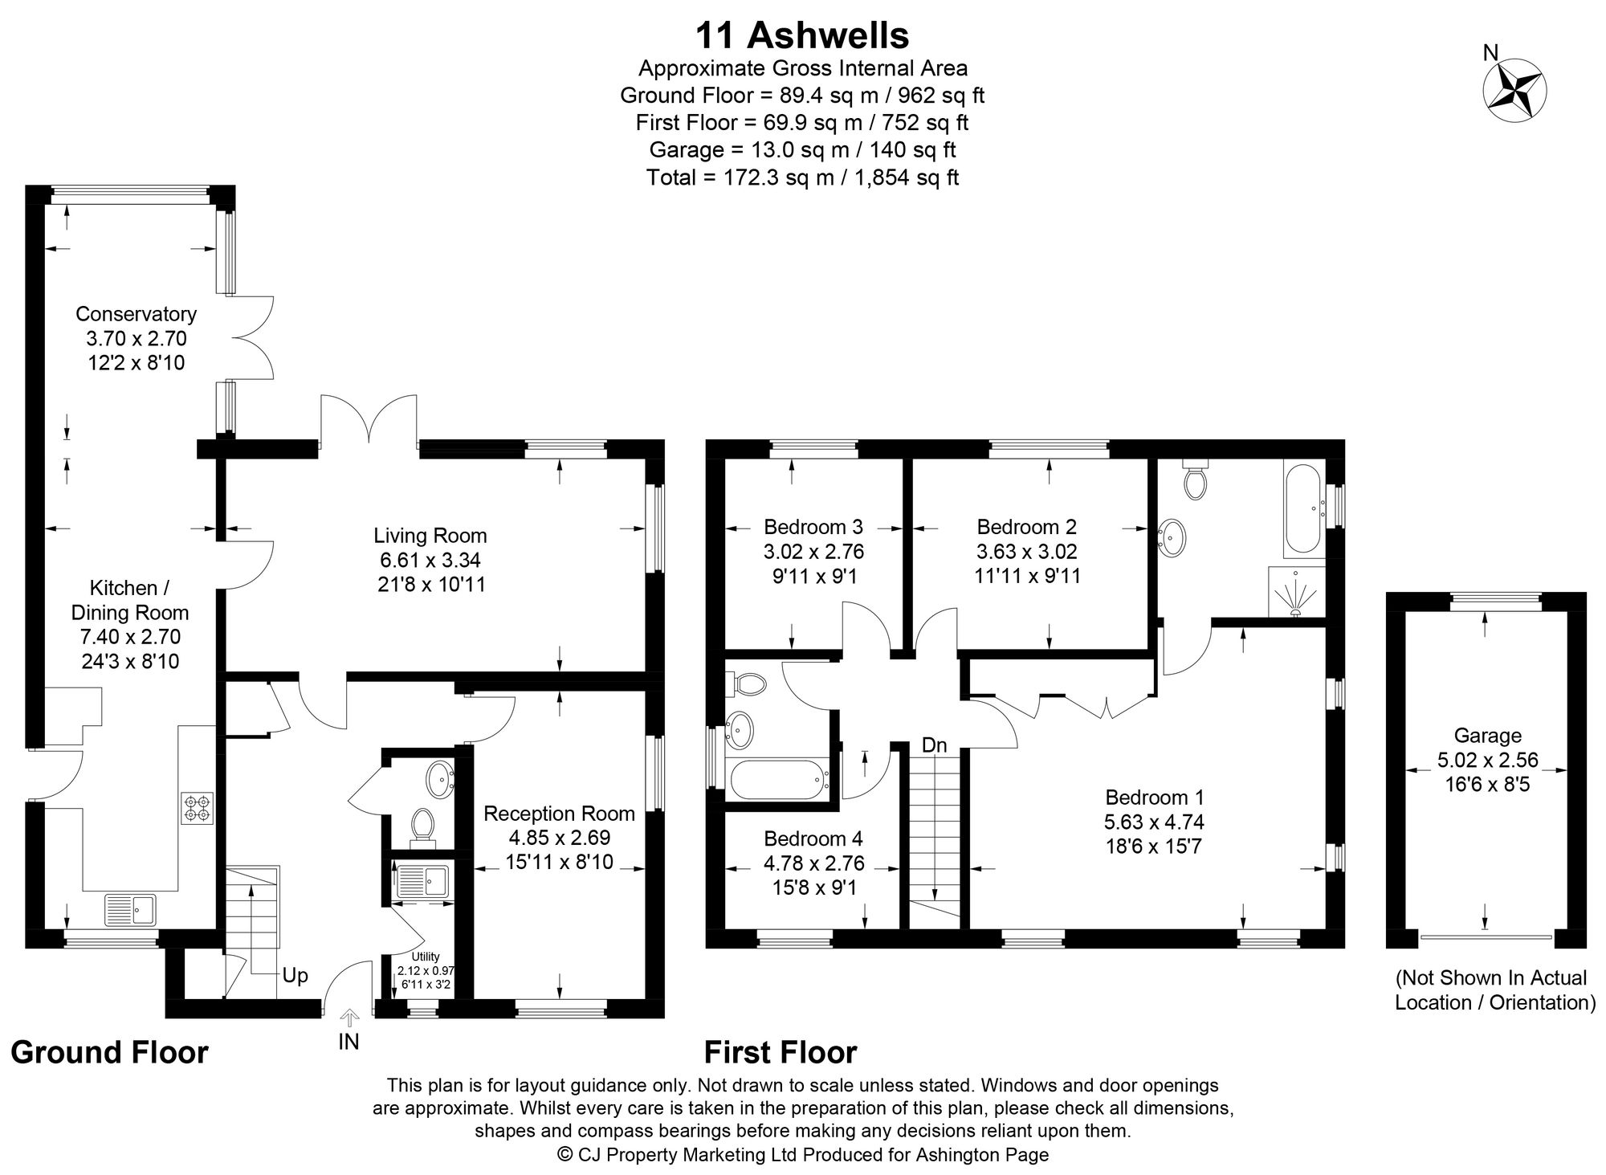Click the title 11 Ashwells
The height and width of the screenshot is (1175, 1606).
click(801, 36)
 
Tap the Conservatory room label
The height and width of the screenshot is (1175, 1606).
click(136, 313)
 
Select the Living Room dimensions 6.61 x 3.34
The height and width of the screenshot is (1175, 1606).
click(431, 560)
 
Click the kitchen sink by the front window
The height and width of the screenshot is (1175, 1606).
click(133, 909)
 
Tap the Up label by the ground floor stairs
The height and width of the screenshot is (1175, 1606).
click(295, 975)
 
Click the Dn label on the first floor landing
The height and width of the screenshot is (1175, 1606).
click(934, 745)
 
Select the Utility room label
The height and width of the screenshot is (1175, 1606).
click(426, 957)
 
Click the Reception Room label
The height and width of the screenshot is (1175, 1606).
click(559, 814)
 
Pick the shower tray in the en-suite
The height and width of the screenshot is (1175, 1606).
click(1295, 592)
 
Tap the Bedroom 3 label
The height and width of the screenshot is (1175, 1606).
click(813, 527)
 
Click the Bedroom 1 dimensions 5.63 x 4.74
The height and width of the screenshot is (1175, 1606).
click(1155, 822)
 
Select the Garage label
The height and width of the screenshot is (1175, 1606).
click(1487, 735)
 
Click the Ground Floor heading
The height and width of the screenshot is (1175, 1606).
click(109, 1052)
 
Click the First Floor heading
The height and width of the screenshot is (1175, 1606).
click(781, 1052)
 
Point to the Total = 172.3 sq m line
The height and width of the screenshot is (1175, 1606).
click(801, 177)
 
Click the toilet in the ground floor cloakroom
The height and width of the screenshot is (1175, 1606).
click(422, 825)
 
